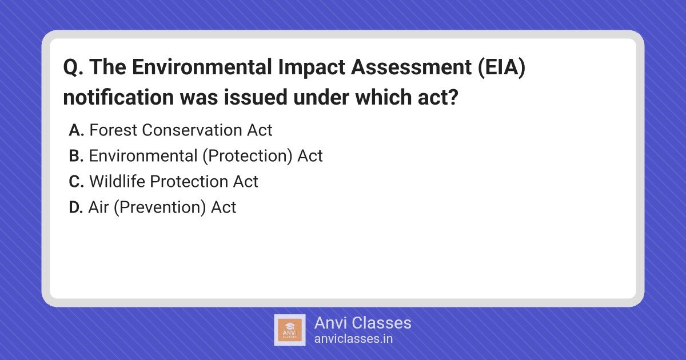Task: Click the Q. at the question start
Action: (73, 67)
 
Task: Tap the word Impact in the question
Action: (312, 67)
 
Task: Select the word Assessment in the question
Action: (411, 67)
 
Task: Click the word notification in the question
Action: (118, 97)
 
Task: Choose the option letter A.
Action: (76, 130)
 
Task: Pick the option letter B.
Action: (76, 156)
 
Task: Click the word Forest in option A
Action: (113, 130)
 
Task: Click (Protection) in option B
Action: (248, 156)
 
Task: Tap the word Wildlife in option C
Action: (117, 181)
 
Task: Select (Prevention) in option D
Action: (160, 207)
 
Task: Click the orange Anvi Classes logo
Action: (290, 330)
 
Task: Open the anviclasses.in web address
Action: (353, 339)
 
